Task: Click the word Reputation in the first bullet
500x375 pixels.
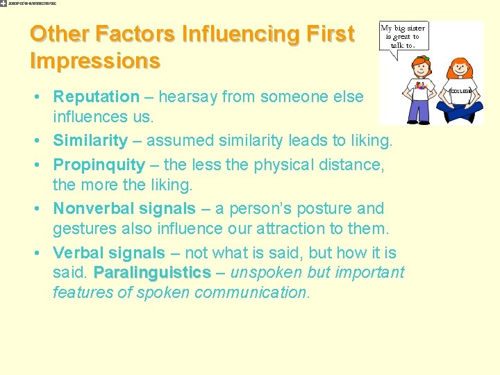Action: (97, 97)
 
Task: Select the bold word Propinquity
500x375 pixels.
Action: (99, 165)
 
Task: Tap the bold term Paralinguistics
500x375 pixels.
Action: (152, 272)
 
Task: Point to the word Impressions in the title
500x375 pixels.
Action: (95, 60)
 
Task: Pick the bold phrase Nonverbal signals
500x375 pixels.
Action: (124, 208)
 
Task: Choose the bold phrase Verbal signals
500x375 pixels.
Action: (109, 253)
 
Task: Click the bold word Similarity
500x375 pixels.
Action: (90, 141)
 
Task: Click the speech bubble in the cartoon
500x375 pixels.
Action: (403, 36)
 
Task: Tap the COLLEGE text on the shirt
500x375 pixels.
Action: (461, 92)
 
